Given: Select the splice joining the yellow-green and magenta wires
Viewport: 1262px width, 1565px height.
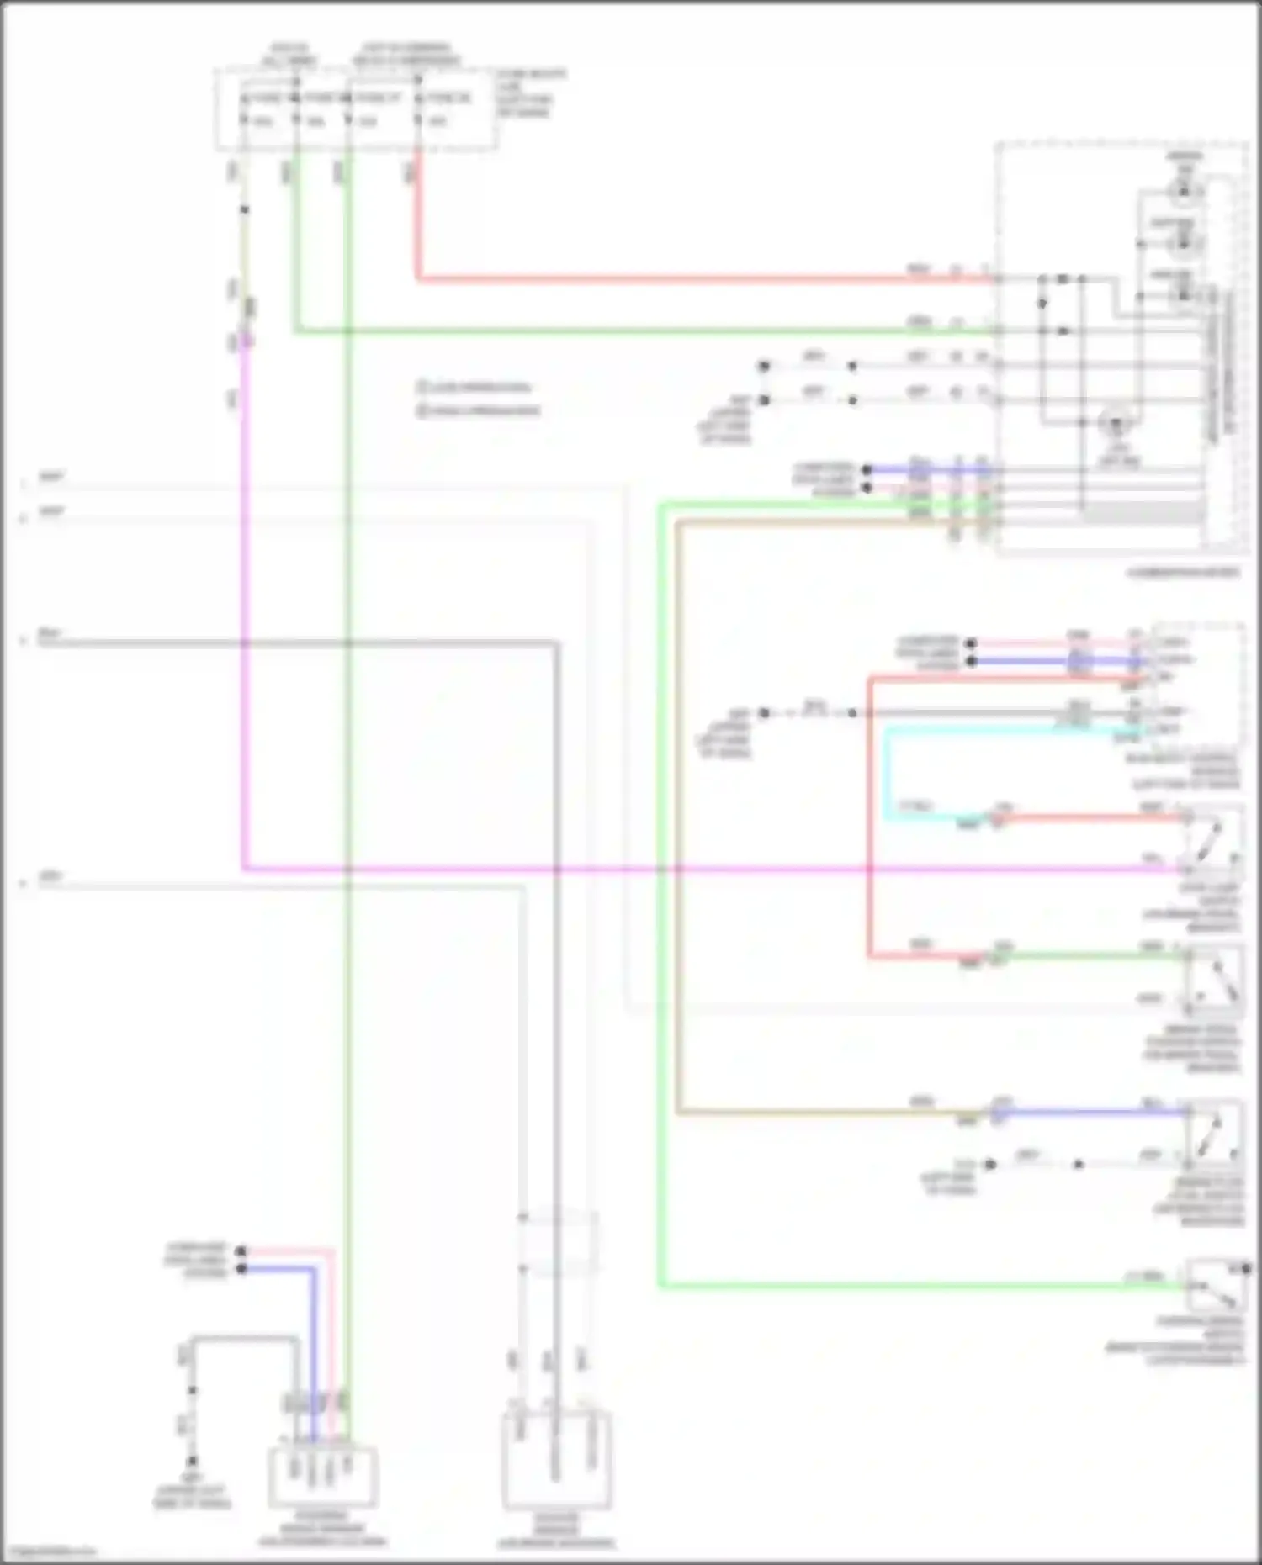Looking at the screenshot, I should (245, 341).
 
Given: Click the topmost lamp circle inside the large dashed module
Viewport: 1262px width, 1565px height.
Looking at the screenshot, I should (1184, 193).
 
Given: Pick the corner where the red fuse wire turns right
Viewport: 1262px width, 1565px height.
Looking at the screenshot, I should (417, 278).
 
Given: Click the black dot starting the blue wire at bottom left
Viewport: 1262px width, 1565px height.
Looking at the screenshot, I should (241, 1268).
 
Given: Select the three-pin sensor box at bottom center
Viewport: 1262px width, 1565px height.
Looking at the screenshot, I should (556, 1463).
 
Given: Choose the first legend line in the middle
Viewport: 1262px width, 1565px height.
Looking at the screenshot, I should (475, 388).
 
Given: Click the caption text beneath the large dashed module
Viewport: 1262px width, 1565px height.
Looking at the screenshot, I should (1184, 574).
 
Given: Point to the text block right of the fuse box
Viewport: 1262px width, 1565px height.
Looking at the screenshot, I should (530, 93).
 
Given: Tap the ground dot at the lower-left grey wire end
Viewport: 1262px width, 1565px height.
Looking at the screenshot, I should (192, 1462).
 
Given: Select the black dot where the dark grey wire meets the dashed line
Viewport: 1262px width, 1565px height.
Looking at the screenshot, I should (853, 713).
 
